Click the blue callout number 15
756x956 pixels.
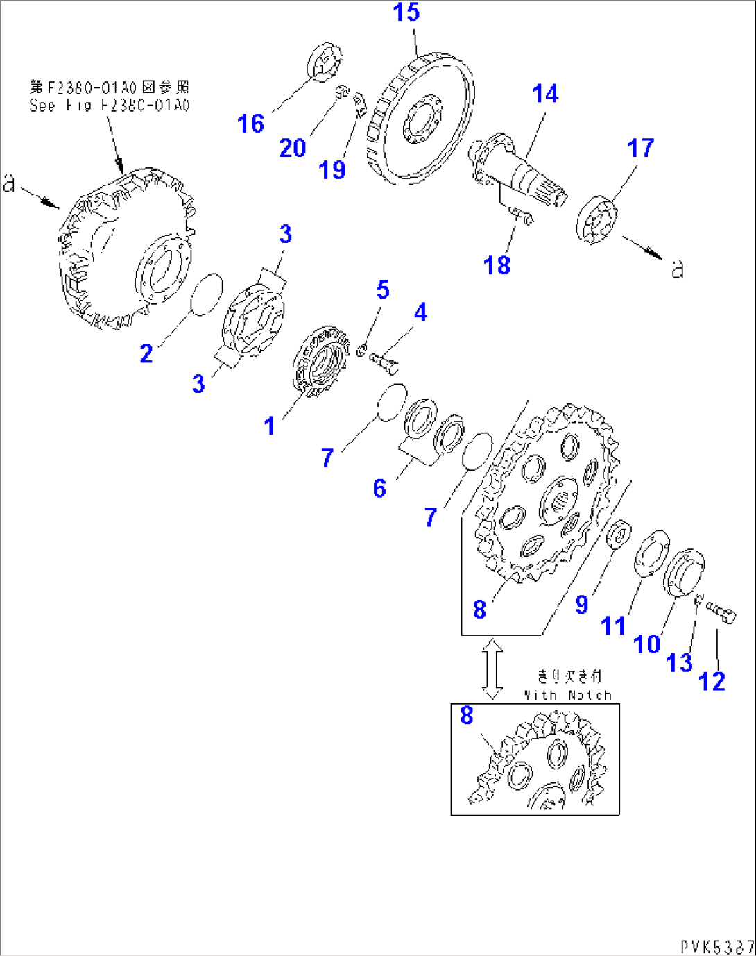click(x=406, y=12)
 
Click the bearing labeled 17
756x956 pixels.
click(x=596, y=220)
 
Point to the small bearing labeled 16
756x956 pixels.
click(x=324, y=62)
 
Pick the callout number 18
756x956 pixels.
click(x=497, y=265)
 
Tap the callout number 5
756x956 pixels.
click(x=383, y=290)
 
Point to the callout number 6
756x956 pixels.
click(x=379, y=489)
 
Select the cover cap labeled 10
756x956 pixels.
click(x=684, y=571)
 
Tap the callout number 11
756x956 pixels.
click(x=613, y=626)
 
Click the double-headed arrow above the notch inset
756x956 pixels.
click(x=492, y=669)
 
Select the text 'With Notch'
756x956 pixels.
click(x=568, y=695)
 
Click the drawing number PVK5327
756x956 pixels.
click(x=716, y=946)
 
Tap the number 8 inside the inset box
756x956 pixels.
click(x=467, y=715)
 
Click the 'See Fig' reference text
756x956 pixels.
click(x=109, y=106)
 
